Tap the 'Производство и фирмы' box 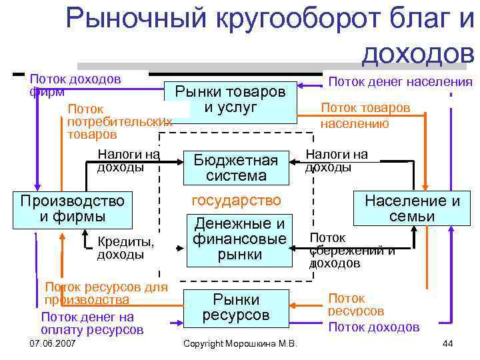click(73, 209)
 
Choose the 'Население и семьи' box click(411, 209)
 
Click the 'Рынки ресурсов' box click(236, 307)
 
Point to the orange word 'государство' click(236, 201)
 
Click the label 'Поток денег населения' click(401, 82)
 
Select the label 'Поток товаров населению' click(365, 115)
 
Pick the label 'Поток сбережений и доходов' click(352, 250)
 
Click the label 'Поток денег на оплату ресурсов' click(91, 323)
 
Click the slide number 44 click(447, 343)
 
